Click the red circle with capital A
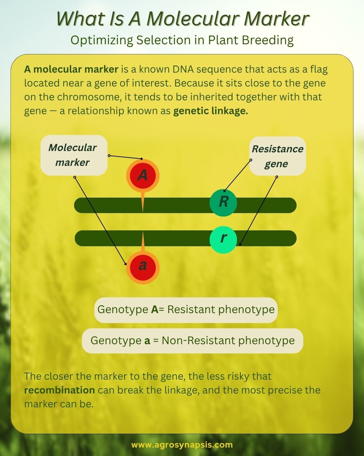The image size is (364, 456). pos(143,175)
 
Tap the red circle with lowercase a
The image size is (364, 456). pos(143,268)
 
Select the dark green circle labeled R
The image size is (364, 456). pos(223,203)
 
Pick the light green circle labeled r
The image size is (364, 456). pos(223,240)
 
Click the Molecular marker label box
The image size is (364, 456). pos(74,155)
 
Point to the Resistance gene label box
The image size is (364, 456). pos(277,156)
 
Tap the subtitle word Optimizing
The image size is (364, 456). pos(102,40)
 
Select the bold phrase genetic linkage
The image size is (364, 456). pos(210,111)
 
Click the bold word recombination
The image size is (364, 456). pos(59,390)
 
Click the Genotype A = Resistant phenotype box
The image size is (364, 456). pos(186,310)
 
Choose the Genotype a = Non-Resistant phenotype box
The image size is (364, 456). pos(192,341)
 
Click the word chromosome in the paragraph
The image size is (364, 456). pos(89,97)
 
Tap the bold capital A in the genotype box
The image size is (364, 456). pos(155,310)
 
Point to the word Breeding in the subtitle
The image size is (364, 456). pos(268,40)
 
